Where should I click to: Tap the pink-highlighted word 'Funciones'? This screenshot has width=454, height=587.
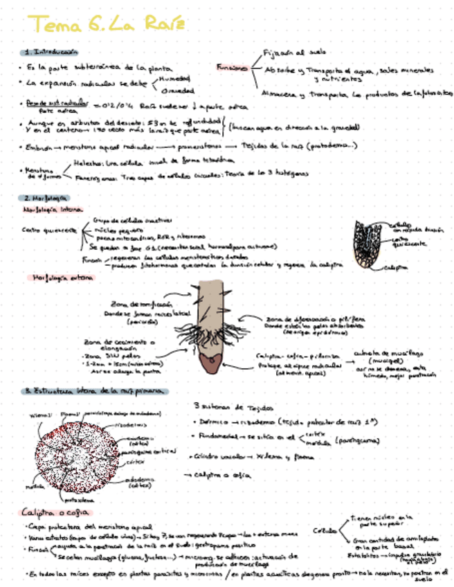[x=232, y=68]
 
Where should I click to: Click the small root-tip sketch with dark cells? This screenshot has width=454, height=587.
[x=369, y=245]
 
